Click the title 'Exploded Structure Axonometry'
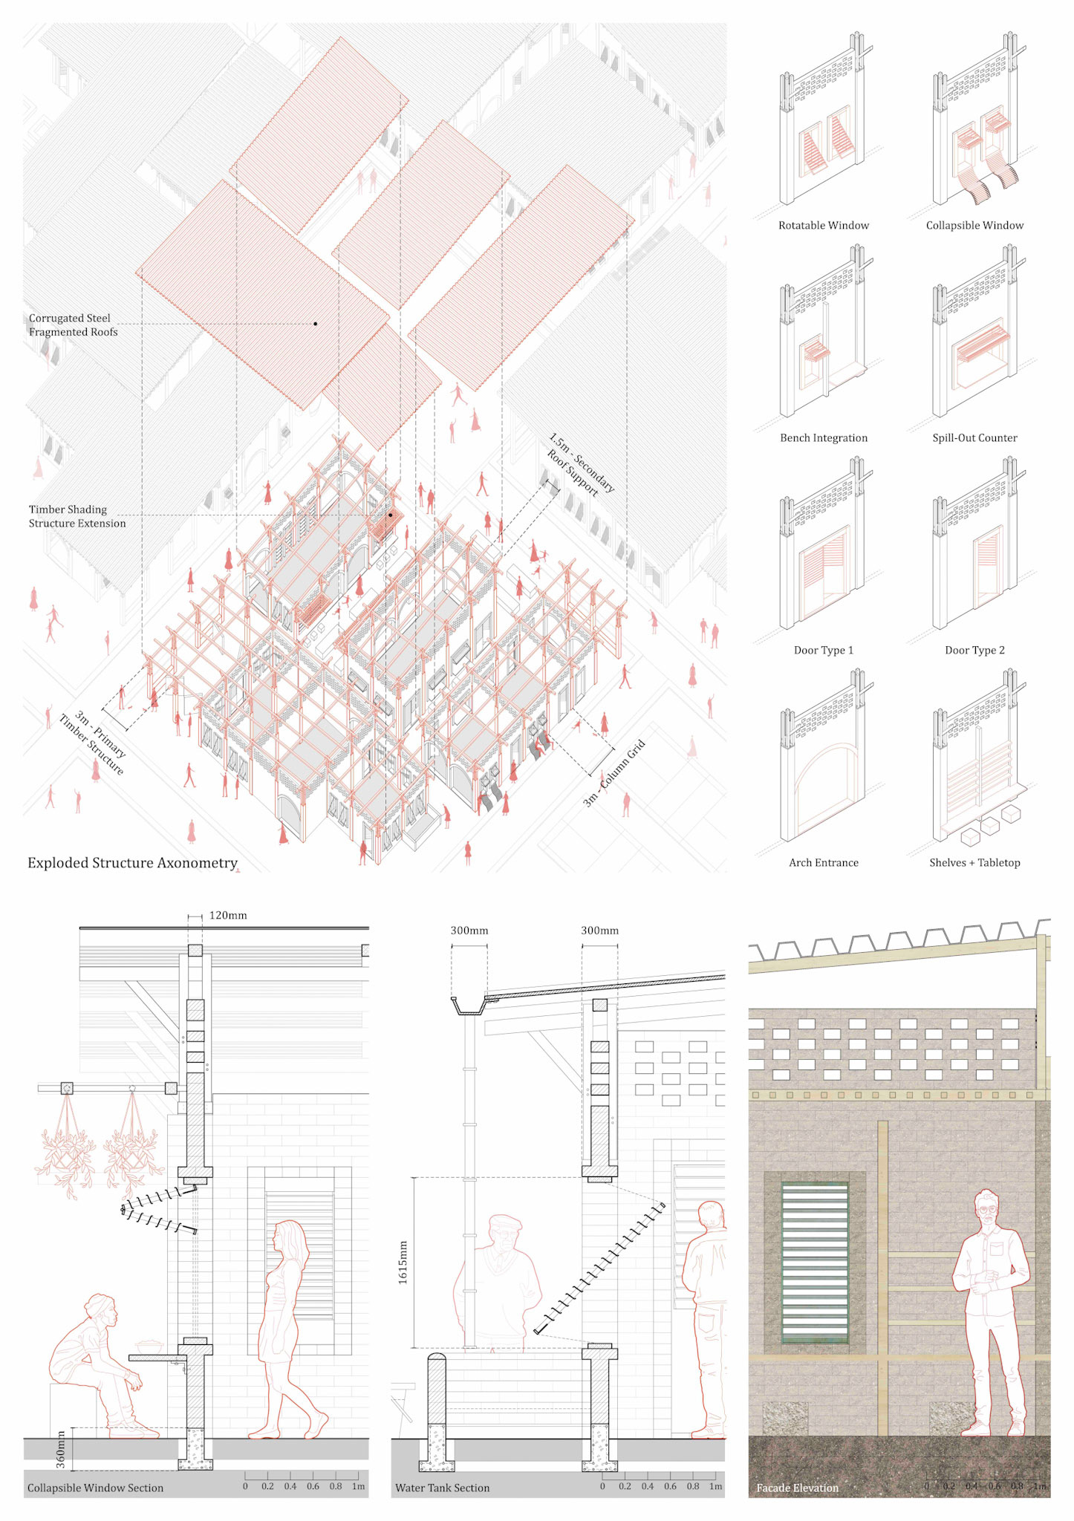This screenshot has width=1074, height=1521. coord(132,862)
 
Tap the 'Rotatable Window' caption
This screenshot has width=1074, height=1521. coord(823,225)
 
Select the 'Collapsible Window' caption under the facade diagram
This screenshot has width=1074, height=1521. coord(974,225)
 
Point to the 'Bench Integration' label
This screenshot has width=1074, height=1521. coord(823,437)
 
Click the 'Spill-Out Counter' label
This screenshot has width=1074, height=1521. coord(974,437)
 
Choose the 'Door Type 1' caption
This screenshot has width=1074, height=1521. coord(823,650)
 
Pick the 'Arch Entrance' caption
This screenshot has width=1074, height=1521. coord(823,862)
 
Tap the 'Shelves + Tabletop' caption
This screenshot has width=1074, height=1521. coord(974,862)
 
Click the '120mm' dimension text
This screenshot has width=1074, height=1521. coord(227,915)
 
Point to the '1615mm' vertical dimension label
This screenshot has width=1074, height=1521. coord(403,1262)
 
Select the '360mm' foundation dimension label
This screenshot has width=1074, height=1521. coord(61,1449)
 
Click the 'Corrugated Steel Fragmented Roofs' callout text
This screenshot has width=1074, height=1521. coord(73,325)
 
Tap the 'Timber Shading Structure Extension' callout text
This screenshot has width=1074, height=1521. coord(77,516)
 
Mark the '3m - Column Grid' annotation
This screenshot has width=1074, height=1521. coord(614,773)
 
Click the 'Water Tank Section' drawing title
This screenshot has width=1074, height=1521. coord(442,1488)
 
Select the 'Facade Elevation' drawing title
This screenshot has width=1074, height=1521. coord(797,1488)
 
